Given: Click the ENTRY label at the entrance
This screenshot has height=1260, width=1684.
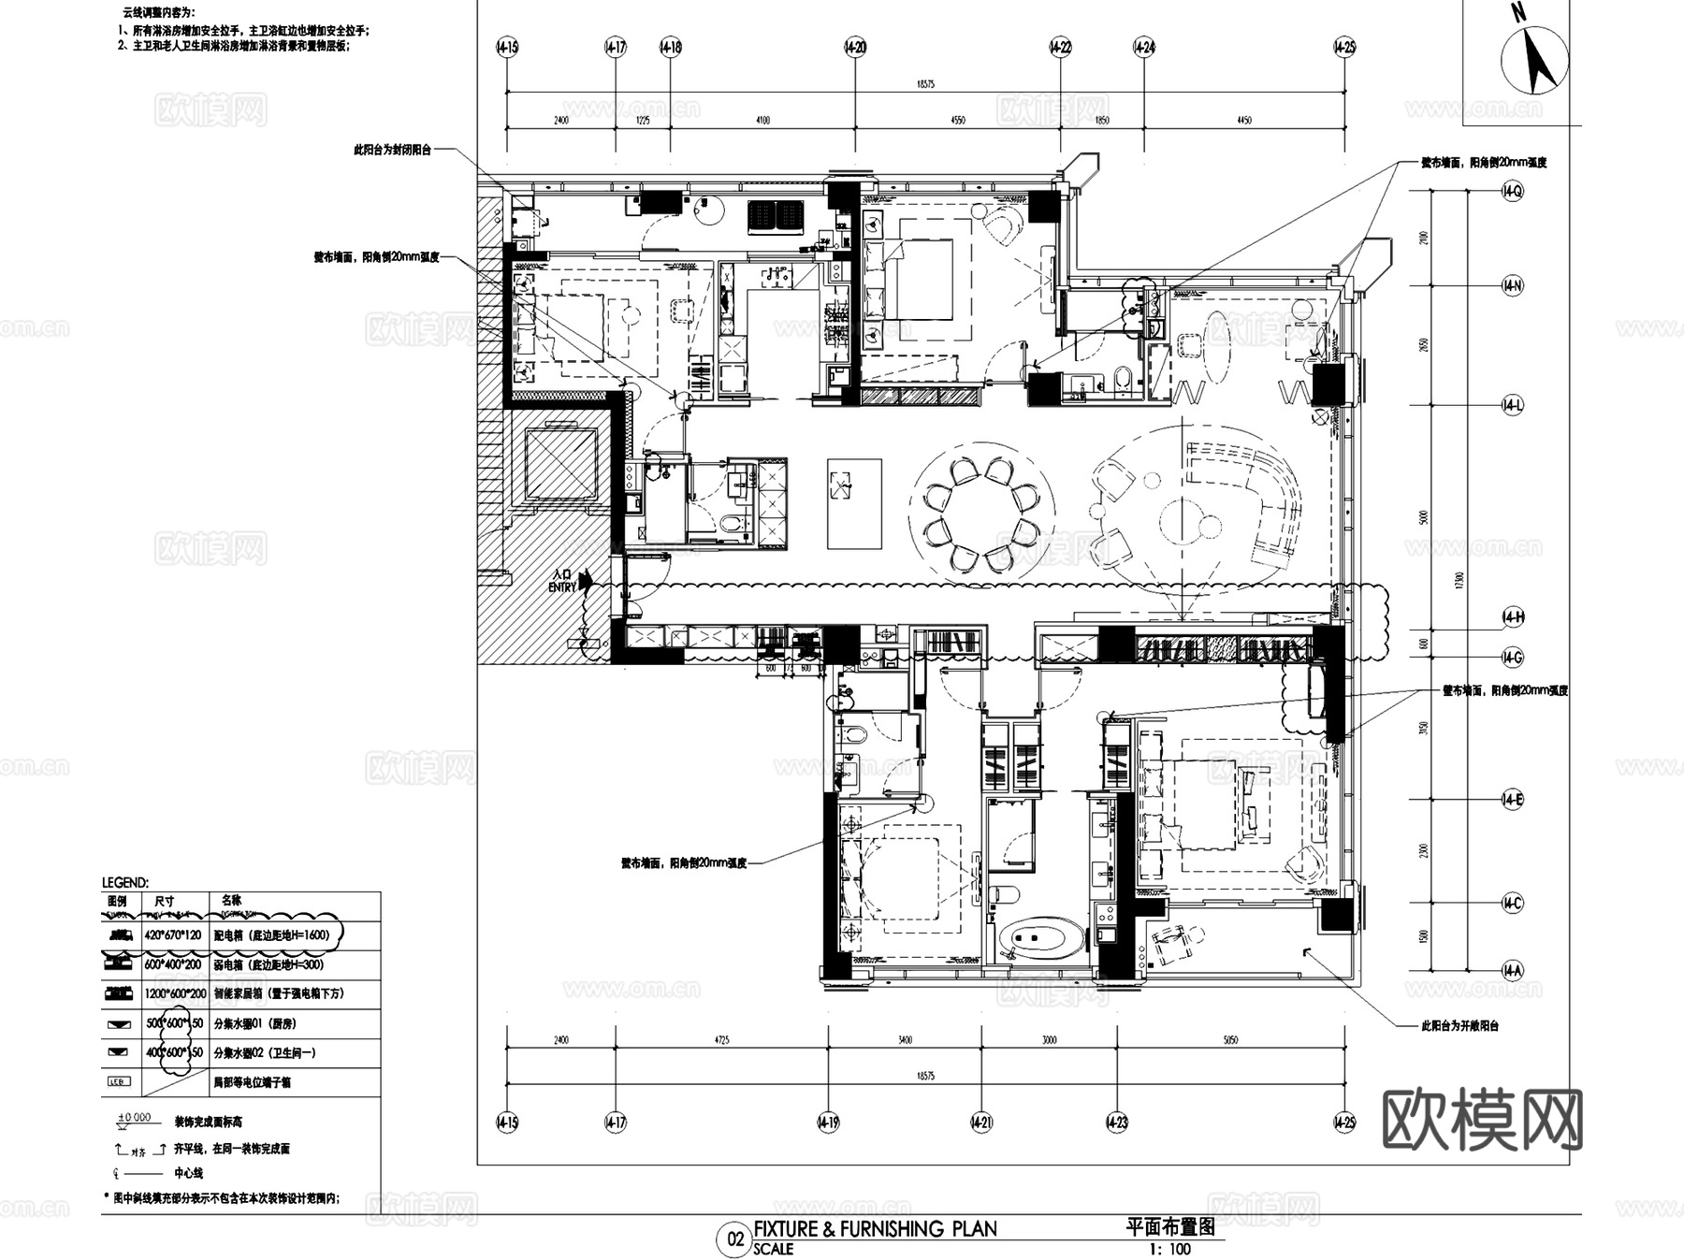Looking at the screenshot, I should click(562, 587).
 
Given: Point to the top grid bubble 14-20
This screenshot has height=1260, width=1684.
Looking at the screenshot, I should click(855, 47).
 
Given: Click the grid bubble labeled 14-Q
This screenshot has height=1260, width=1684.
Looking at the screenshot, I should click(1512, 191).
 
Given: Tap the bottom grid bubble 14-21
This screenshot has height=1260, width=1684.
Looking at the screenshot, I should click(981, 1122).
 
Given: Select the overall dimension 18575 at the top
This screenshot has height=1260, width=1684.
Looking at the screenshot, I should click(925, 84).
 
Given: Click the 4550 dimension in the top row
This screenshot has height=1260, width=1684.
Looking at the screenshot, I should click(957, 121).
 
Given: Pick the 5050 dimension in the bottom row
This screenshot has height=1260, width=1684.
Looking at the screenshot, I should click(1230, 1040).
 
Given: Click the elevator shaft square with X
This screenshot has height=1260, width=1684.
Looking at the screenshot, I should click(560, 465).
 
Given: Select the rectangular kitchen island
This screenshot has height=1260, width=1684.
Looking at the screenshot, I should click(854, 503).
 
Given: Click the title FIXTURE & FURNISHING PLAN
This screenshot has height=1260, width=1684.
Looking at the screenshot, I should click(875, 1228).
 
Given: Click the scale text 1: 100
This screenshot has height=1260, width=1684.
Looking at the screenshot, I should click(1169, 1249).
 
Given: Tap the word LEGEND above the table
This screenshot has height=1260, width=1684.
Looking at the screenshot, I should click(124, 882).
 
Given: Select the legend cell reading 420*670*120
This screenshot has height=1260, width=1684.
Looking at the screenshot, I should click(173, 934).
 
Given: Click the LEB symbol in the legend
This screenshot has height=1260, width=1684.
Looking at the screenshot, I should click(118, 1082).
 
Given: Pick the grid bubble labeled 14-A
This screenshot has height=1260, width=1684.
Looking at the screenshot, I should click(1512, 971).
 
